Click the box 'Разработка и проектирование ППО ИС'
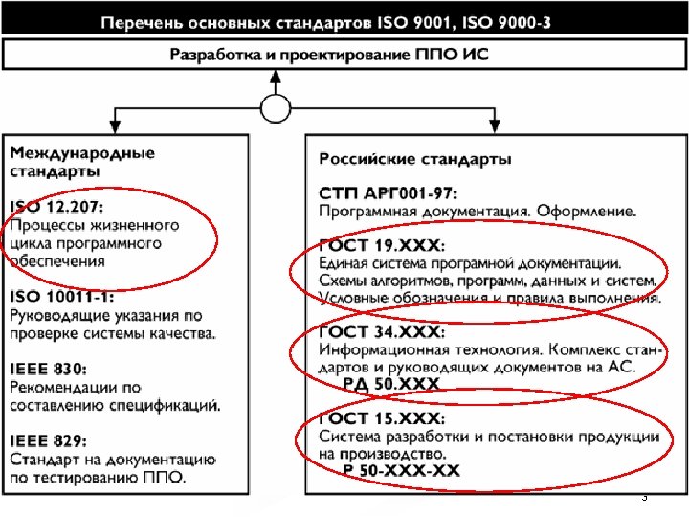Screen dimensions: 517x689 tap(329, 55)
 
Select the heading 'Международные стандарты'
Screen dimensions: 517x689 tap(82, 162)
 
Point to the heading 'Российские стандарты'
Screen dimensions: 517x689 tap(414, 158)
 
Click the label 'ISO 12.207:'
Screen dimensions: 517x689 tap(56, 206)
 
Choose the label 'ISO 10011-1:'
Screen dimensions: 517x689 tap(62, 297)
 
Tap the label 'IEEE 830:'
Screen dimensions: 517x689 tap(49, 370)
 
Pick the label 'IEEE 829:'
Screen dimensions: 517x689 tap(49, 441)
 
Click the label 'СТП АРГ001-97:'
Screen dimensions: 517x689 tap(388, 193)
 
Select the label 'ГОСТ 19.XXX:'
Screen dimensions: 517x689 tap(381, 245)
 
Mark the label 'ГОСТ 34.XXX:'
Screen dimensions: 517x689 tap(381, 331)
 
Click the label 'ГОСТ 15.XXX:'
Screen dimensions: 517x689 tap(381, 418)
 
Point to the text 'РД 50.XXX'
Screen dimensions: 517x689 tap(392, 384)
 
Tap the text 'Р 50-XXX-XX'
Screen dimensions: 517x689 tap(402, 470)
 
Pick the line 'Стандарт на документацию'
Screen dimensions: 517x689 tap(113, 460)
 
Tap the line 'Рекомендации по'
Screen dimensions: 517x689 tap(76, 387)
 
